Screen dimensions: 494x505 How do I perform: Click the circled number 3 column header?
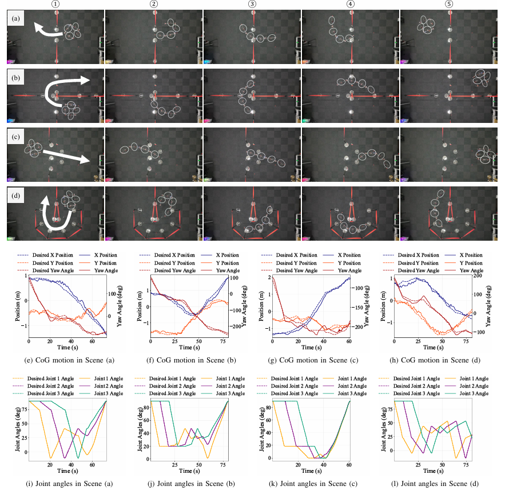coord(252,5)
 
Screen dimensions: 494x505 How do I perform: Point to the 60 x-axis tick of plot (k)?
coord(349,464)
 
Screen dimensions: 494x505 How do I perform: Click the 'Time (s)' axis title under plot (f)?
coord(189,349)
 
